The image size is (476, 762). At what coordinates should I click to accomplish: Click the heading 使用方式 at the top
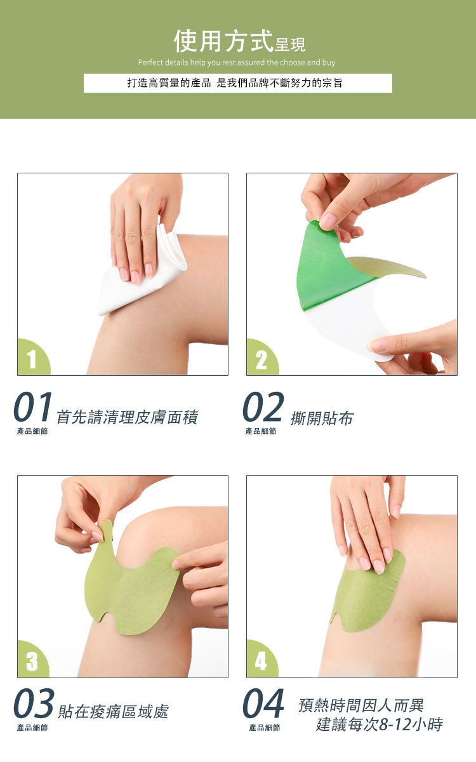tap(223, 41)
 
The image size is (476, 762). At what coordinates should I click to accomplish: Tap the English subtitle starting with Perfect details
tap(237, 63)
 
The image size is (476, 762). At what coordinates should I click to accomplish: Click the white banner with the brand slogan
tap(237, 83)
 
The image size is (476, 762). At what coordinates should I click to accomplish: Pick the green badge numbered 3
tap(32, 660)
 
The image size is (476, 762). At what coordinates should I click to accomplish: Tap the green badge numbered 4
tap(261, 660)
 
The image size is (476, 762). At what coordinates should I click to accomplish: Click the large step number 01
tap(33, 406)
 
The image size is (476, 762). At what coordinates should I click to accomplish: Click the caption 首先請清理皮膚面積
tap(127, 417)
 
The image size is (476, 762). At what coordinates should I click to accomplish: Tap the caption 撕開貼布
tap(322, 418)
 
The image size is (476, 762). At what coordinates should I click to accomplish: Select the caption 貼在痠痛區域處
tap(114, 711)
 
